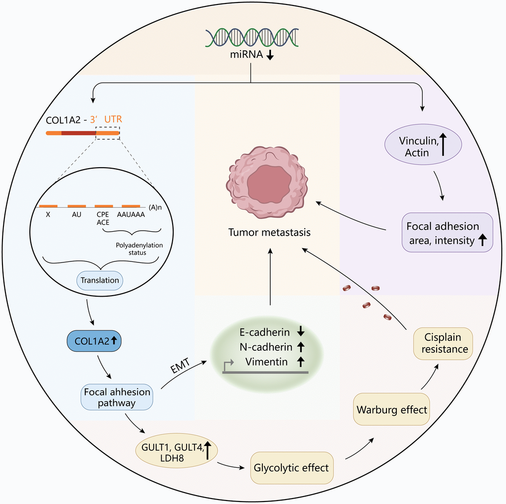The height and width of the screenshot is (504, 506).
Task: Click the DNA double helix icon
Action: pyautogui.click(x=252, y=39)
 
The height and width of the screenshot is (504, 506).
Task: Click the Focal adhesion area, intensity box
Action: pyautogui.click(x=447, y=232)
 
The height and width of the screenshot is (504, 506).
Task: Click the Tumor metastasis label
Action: pyautogui.click(x=269, y=233)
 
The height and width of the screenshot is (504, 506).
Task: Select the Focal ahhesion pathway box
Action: pyautogui.click(x=117, y=397)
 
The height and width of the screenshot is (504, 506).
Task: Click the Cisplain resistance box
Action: pyautogui.click(x=443, y=343)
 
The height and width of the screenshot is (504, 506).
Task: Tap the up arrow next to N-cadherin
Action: pyautogui.click(x=302, y=347)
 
